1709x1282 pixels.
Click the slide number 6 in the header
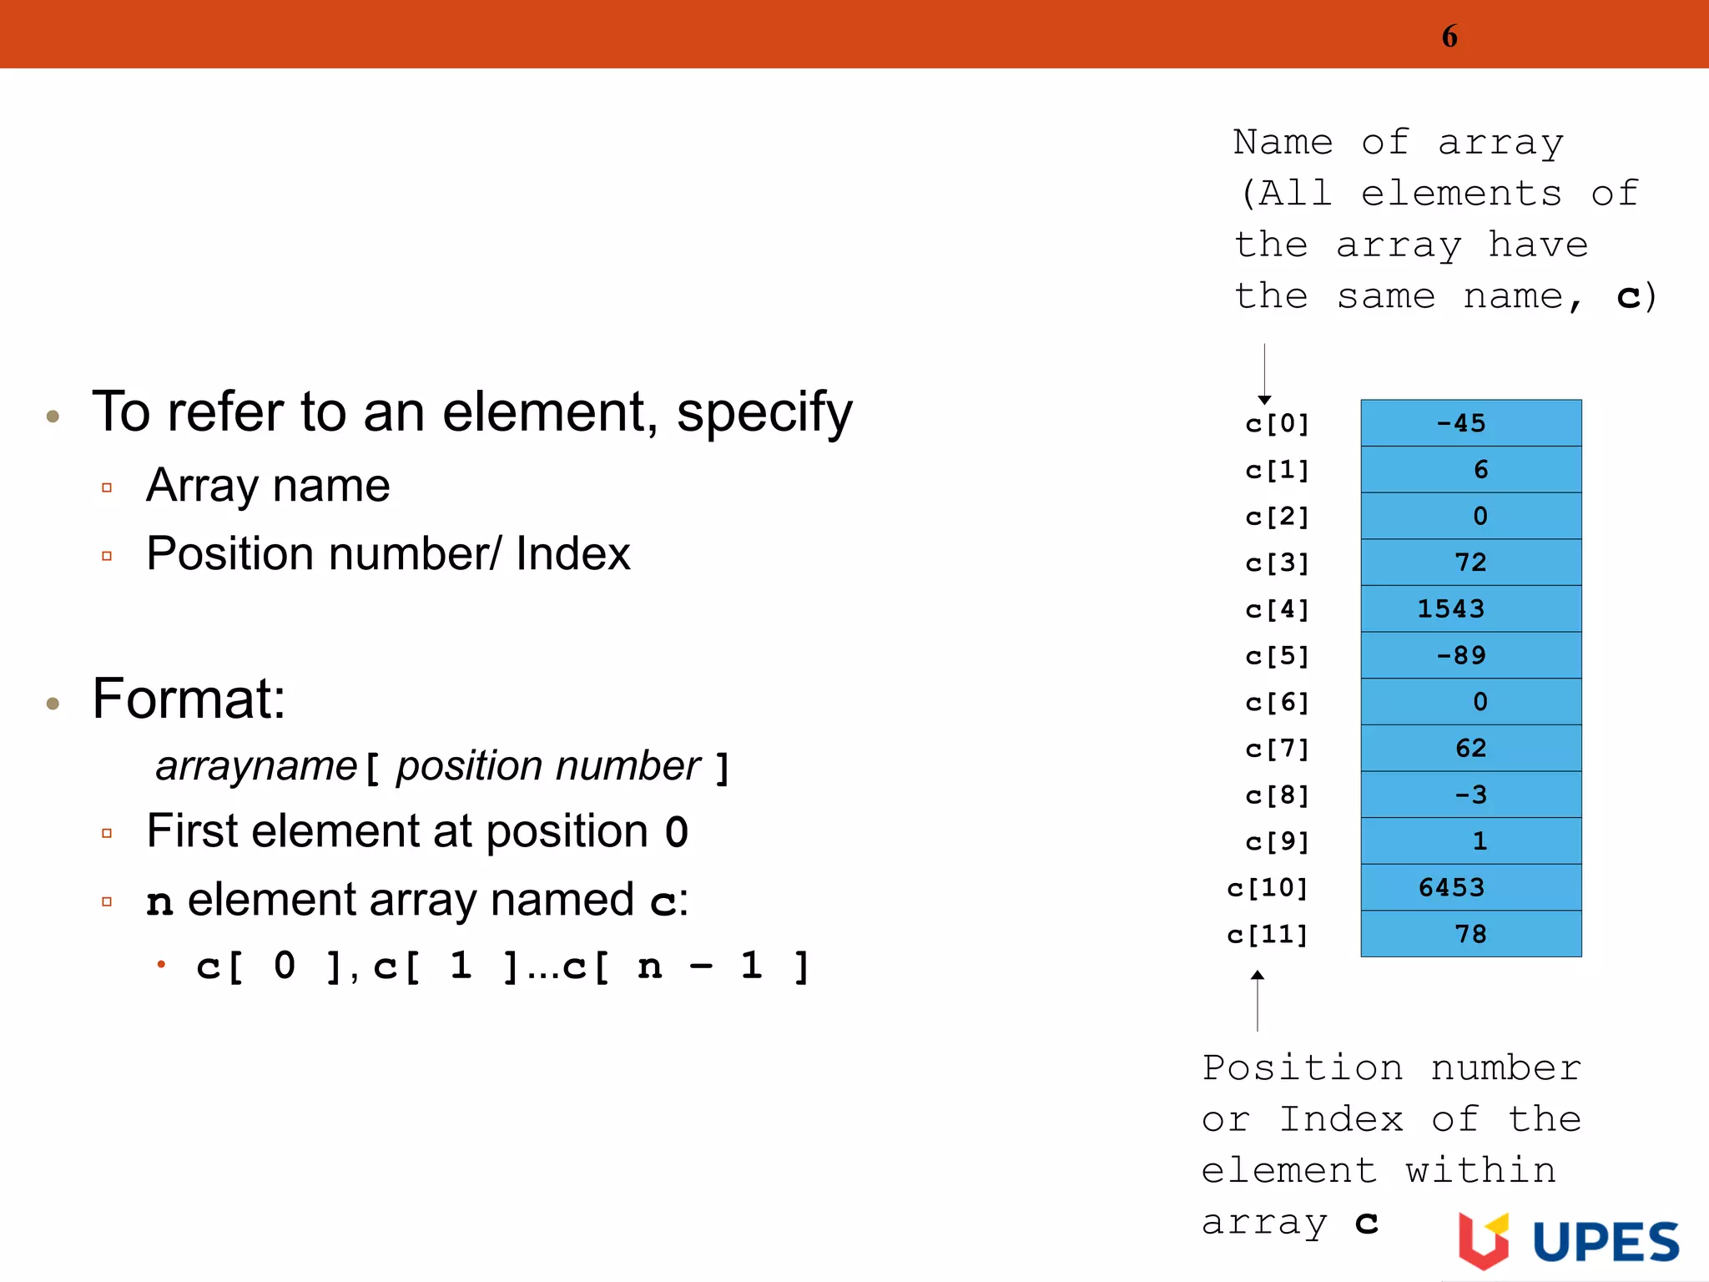click(x=1449, y=37)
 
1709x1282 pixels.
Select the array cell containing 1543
click(x=1470, y=608)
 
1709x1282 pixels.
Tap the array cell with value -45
click(x=1470, y=423)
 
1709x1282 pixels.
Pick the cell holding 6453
click(x=1470, y=887)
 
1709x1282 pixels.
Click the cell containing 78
click(x=1470, y=934)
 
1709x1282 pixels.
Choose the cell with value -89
click(x=1470, y=655)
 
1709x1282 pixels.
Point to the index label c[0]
click(x=1277, y=424)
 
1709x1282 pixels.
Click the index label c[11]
click(x=1268, y=935)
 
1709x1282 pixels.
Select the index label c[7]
click(x=1277, y=749)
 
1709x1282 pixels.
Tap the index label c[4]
click(x=1277, y=609)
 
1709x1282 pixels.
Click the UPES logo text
click(x=1606, y=1242)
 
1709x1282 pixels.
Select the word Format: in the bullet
click(x=189, y=699)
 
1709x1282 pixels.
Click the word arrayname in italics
click(x=256, y=766)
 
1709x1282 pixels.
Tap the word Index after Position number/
click(x=572, y=553)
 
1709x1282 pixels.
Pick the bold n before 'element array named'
click(x=159, y=901)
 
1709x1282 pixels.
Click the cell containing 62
click(x=1470, y=748)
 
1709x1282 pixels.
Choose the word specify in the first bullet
click(x=764, y=412)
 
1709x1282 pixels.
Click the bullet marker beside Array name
click(x=107, y=487)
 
